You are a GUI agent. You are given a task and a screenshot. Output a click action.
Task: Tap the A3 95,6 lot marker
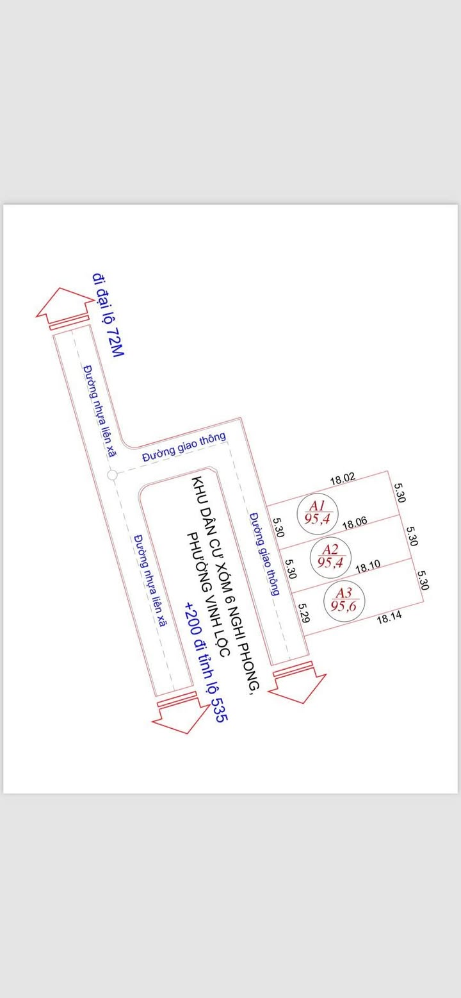[x=344, y=600]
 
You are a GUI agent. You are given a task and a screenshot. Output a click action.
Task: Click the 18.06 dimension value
[x=355, y=523]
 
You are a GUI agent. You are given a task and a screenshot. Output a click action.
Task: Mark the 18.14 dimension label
[x=389, y=619]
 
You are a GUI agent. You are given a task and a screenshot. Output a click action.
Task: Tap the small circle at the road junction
[x=111, y=475]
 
